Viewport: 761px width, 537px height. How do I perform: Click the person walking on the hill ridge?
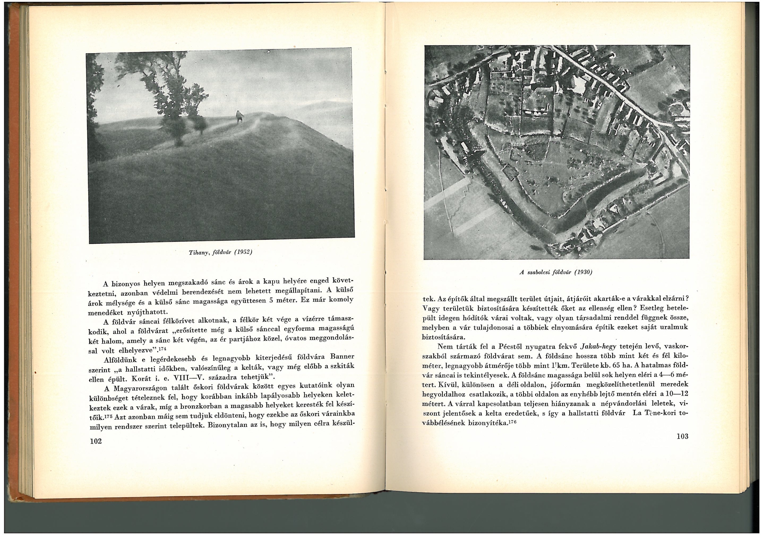pyautogui.click(x=239, y=117)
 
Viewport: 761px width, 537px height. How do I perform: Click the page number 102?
pyautogui.click(x=96, y=441)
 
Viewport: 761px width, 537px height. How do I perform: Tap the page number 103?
pyautogui.click(x=682, y=436)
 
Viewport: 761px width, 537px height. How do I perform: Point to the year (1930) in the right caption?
pyautogui.click(x=583, y=272)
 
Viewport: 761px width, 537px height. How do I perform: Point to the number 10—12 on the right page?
pyautogui.click(x=670, y=394)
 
